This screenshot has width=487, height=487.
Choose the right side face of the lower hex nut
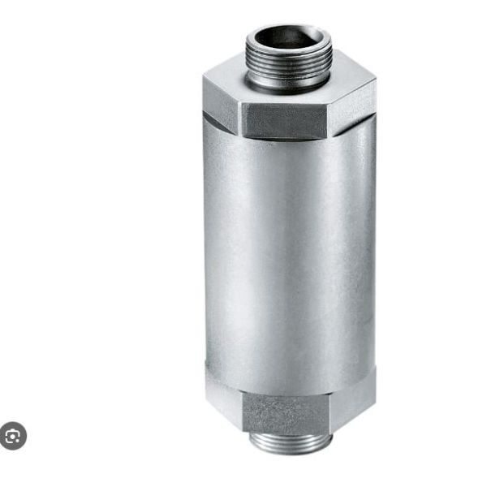[x=351, y=398]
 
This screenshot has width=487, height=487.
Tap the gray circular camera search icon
[x=13, y=436]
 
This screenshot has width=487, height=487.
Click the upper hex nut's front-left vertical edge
[x=241, y=119]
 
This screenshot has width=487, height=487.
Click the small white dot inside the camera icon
[x=13, y=437]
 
